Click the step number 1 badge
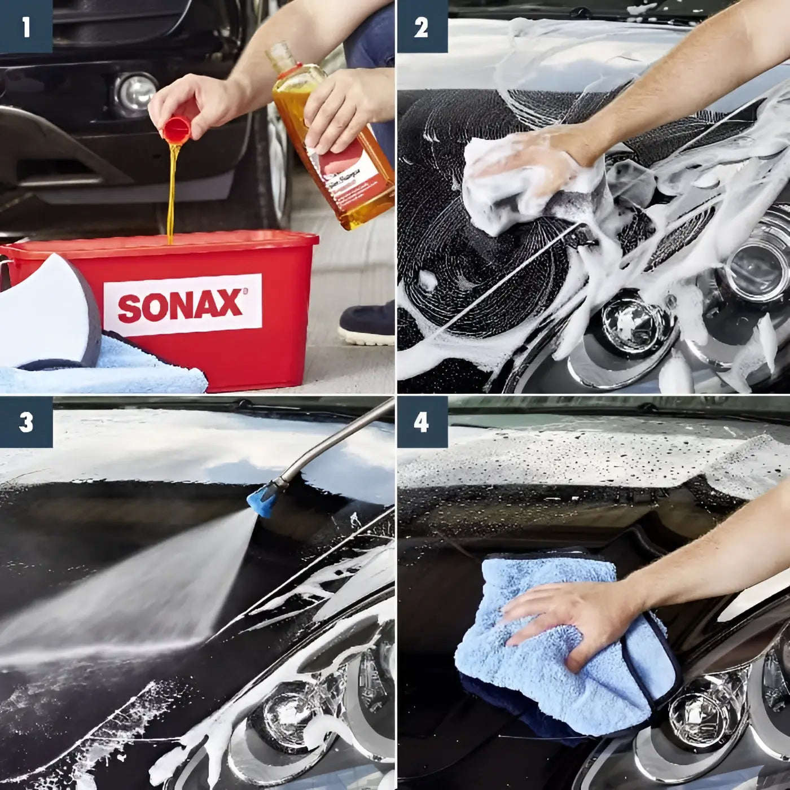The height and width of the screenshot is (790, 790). pyautogui.click(x=26, y=27)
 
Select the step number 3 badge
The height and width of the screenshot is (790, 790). pyautogui.click(x=26, y=422)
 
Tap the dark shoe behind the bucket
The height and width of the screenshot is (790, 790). pyautogui.click(x=367, y=324)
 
